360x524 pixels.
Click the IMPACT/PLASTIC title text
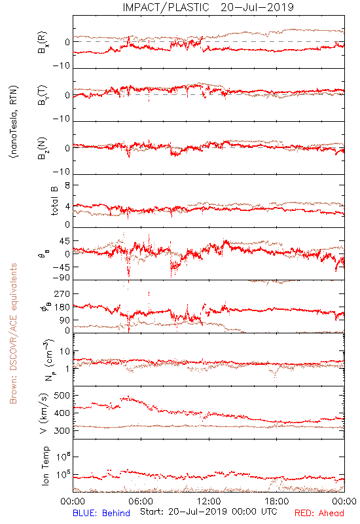coord(166,7)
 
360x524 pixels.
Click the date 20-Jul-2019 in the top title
coord(257,7)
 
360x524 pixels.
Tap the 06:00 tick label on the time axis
coord(141,501)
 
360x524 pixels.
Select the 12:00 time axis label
coord(209,501)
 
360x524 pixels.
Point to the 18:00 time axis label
coord(277,501)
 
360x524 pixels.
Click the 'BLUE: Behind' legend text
coord(101,513)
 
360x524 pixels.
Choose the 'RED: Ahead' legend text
coord(319,513)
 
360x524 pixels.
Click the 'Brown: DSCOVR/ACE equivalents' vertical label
coord(13,333)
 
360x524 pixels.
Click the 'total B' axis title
coord(54,201)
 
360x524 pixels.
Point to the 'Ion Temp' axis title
coord(45,466)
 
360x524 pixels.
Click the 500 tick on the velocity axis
coord(62,396)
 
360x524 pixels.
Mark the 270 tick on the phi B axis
coord(62,293)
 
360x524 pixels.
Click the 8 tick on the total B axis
coord(67,185)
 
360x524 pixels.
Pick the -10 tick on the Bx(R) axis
coord(62,66)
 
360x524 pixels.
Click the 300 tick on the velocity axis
coord(62,430)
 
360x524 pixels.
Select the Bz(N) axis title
coord(43,148)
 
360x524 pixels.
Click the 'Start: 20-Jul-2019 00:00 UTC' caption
coord(208,512)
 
